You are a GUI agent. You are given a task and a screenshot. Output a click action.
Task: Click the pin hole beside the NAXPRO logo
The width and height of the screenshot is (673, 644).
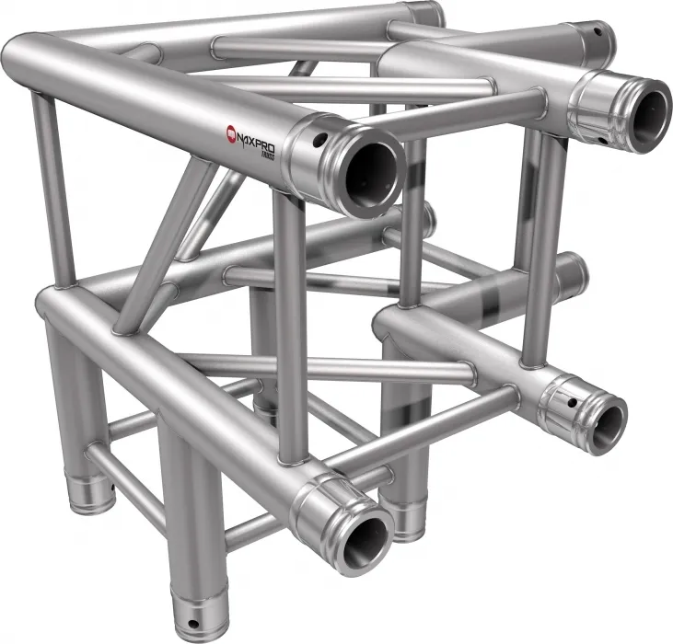pyautogui.click(x=319, y=141)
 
